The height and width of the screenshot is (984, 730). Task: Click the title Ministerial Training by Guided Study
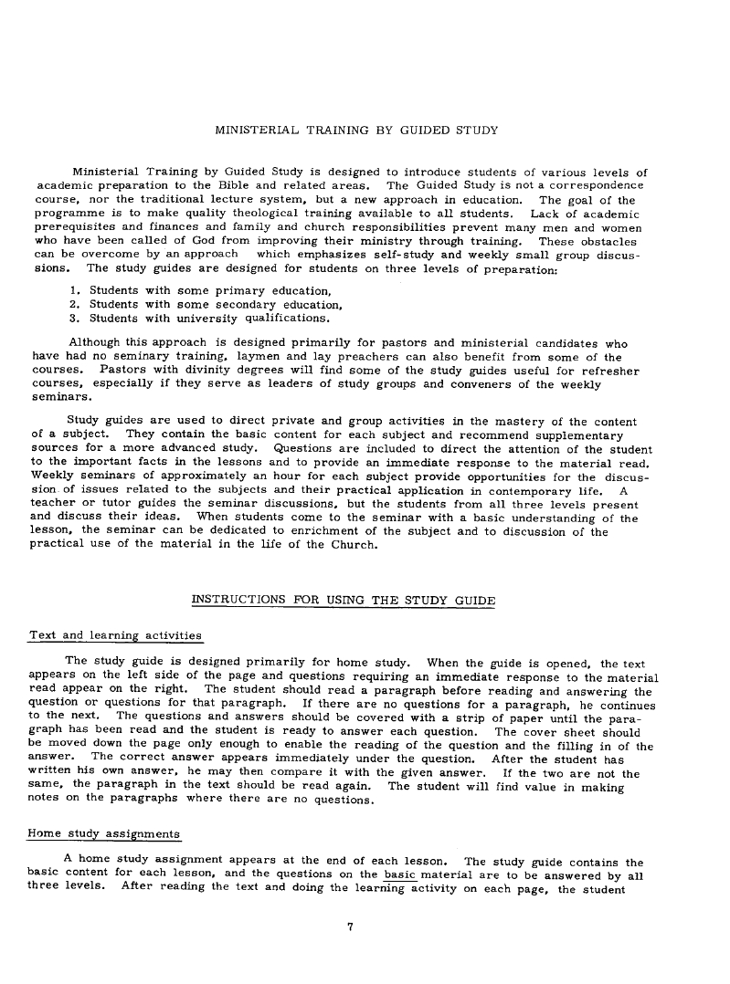pyautogui.click(x=356, y=131)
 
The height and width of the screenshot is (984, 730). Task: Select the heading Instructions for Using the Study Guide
pyautogui.click(x=344, y=600)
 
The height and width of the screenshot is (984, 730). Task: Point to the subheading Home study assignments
pyautogui.click(x=104, y=833)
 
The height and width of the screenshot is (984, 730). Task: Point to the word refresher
pyautogui.click(x=608, y=371)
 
